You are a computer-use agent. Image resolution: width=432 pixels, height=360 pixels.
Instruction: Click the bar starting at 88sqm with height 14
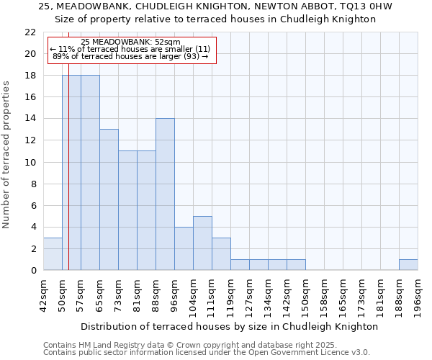[x=165, y=194]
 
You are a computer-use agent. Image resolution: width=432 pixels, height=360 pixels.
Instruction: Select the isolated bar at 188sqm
[x=408, y=265]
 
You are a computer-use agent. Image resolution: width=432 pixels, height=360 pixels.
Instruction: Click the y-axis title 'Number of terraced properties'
[x=6, y=155]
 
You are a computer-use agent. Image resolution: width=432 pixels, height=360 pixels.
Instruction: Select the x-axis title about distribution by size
[x=230, y=326]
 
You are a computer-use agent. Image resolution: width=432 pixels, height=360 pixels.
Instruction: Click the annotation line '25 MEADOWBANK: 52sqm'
[x=131, y=42]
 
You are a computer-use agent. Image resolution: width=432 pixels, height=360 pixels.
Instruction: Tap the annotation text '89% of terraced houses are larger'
[x=130, y=56]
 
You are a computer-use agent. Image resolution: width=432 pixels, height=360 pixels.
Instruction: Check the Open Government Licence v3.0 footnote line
[x=207, y=352]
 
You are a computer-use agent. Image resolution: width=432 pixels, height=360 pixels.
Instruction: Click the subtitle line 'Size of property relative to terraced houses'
[x=216, y=19]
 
